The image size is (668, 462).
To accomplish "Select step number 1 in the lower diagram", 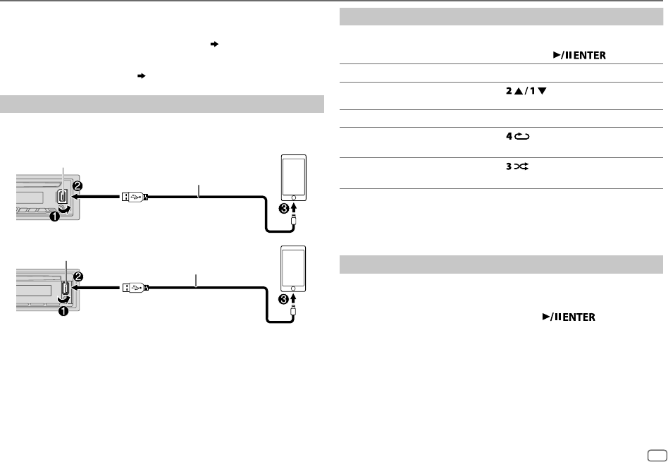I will coord(63,311).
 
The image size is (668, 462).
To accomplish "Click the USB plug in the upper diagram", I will coord(133,197).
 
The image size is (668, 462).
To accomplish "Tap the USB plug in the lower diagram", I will coord(133,287).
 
